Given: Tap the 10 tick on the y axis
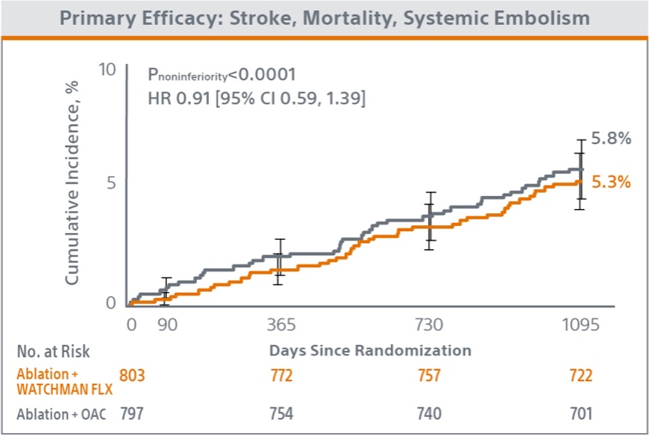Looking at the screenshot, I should pyautogui.click(x=106, y=69).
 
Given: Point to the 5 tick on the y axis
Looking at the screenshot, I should pyautogui.click(x=111, y=182).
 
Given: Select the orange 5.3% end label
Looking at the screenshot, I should pyautogui.click(x=610, y=182).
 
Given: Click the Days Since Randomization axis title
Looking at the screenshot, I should pyautogui.click(x=370, y=350).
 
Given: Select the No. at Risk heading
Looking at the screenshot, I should pyautogui.click(x=53, y=351).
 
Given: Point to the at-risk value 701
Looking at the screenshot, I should pyautogui.click(x=580, y=414).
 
